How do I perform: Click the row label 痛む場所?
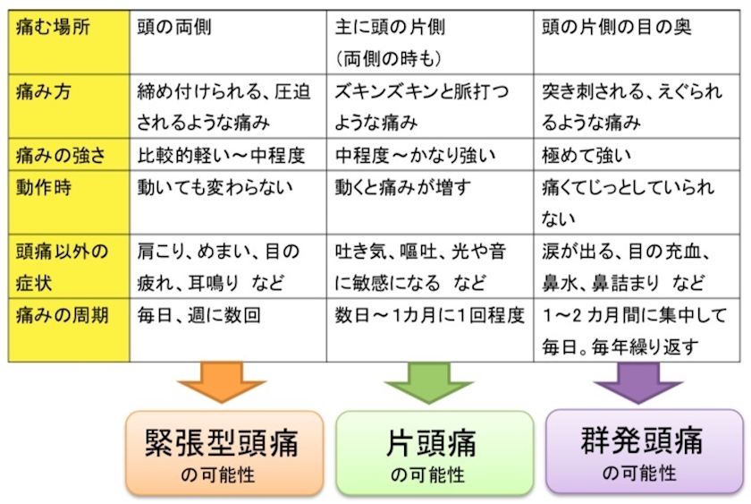(53, 27)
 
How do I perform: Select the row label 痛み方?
(44, 91)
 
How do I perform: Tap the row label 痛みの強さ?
(61, 155)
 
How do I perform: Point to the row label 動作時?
(44, 187)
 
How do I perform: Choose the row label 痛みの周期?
(63, 315)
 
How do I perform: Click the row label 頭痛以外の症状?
(63, 267)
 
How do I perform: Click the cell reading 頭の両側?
(174, 27)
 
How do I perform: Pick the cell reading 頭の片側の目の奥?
(617, 27)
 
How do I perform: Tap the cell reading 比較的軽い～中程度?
(222, 155)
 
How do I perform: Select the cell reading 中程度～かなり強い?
(415, 155)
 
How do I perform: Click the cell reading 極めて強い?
(586, 155)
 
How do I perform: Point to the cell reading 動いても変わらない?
(215, 187)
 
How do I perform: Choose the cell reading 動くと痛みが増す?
(403, 187)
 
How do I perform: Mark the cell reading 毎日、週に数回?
(198, 315)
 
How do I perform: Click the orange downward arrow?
(222, 382)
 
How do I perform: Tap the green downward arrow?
(428, 382)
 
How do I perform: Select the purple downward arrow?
(638, 382)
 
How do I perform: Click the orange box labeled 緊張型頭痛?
(224, 453)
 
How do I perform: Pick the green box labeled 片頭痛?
(435, 453)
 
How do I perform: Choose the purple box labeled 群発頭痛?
(645, 451)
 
